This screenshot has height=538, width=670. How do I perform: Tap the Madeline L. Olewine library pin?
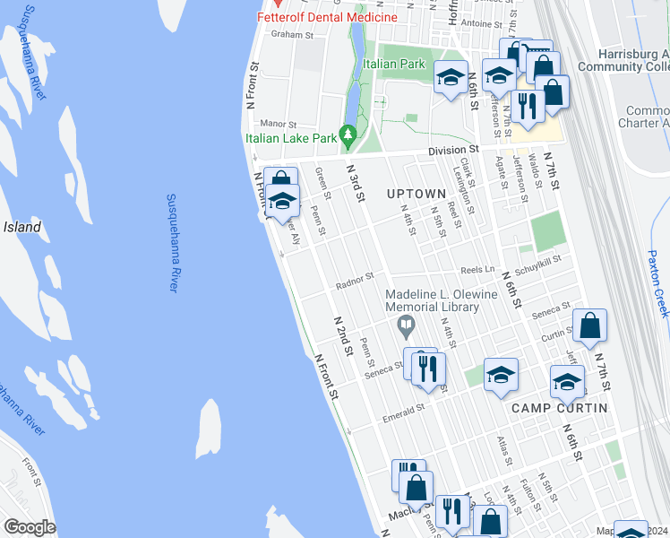(407, 325)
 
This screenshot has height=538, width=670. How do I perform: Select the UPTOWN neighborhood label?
(416, 194)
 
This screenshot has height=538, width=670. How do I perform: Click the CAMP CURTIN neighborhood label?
(559, 408)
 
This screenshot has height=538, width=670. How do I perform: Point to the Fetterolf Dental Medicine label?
(327, 17)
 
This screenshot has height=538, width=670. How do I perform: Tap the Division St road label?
(452, 150)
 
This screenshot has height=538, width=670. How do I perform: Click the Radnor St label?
(354, 285)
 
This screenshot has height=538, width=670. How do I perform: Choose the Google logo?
(30, 527)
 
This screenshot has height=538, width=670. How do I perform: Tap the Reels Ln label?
(477, 268)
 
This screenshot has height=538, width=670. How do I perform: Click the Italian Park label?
(394, 65)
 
